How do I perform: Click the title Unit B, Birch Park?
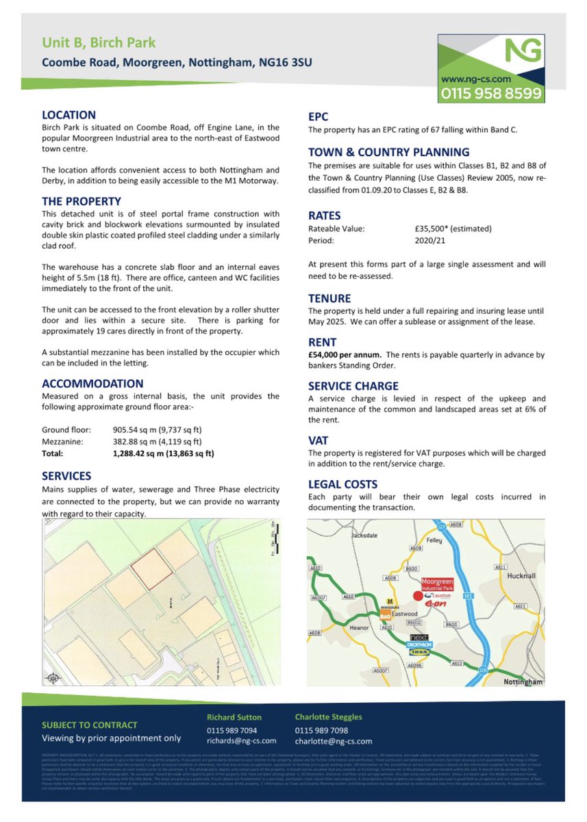99,43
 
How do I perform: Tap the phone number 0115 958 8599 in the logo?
491,92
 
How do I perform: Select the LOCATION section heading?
68,115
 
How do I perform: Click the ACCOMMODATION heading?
92,384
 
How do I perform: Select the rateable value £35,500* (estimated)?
449,229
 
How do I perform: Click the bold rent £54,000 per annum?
345,354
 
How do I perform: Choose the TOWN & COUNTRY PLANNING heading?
388,152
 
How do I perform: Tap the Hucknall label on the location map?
524,576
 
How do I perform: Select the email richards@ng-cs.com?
241,740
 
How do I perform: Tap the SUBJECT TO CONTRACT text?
89,725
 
